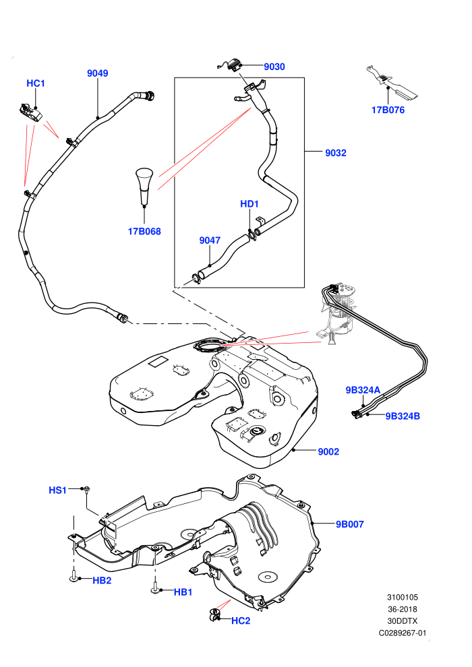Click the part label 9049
pos(98,73)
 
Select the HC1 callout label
pos(36,83)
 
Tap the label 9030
pos(274,66)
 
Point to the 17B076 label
pos(388,110)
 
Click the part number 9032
pos(335,153)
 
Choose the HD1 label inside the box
pos(249,203)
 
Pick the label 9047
pos(210,241)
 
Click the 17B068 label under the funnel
pos(144,231)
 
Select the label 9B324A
pos(363,390)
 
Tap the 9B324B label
pos(403,416)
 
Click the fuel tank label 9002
pos(328,451)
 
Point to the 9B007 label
pos(350,524)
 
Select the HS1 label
pos(57,490)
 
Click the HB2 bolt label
pos(102,580)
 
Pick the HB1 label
pos(183,592)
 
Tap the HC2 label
pos(241,621)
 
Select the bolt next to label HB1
pos(155,587)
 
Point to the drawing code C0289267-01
pos(402,633)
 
